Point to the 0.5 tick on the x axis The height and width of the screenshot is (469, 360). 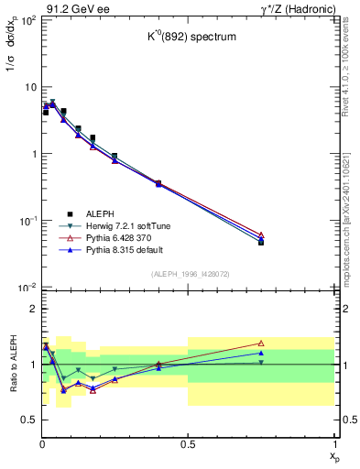coord(188,444)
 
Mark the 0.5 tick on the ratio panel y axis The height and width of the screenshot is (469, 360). coord(28,420)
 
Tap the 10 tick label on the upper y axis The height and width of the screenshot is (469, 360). coord(29,87)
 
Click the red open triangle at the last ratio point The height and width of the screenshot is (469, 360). coord(261,344)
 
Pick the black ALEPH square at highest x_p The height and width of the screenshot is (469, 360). coord(261,243)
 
